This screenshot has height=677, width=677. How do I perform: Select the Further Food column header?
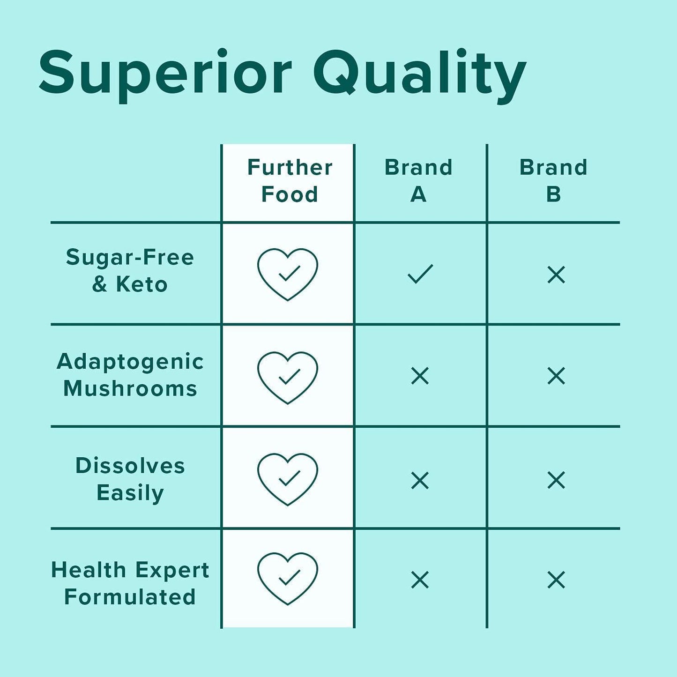290,181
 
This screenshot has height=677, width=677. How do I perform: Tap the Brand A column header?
418,181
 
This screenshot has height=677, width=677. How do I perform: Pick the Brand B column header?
553,181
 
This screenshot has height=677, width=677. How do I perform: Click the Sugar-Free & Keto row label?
130,271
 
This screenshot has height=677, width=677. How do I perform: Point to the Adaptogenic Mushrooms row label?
130,375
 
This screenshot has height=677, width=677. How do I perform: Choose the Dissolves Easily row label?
130,479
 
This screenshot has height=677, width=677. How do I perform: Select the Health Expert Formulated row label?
130,583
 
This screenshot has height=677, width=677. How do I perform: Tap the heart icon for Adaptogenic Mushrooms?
288,377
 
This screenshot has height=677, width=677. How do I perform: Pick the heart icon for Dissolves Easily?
288,479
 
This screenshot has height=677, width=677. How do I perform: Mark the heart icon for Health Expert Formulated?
288,579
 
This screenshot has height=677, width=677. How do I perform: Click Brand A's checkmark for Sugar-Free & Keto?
420,274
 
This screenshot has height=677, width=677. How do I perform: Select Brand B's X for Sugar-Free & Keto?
556,275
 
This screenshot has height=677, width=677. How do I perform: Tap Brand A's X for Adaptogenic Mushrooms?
420,376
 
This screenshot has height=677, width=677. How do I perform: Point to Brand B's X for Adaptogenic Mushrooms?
556,376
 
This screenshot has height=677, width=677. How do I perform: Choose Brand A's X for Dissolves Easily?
420,480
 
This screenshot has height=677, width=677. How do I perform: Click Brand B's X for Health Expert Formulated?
556,580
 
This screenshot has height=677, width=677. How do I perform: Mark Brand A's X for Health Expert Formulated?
420,580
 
